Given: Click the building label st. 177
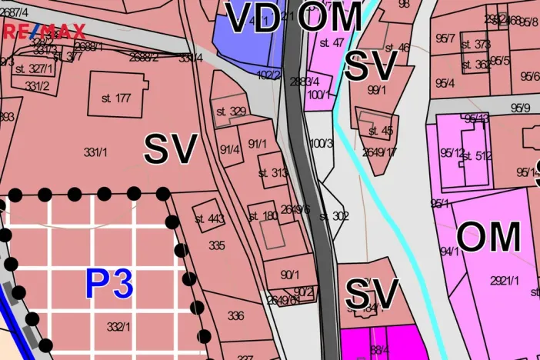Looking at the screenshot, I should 116,98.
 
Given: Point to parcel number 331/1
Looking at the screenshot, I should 95,152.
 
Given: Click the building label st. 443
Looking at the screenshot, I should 209,218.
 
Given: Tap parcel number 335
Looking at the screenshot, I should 217,245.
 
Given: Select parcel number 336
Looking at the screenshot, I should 235,315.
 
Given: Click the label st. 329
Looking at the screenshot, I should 231,112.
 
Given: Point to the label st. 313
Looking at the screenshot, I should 273,173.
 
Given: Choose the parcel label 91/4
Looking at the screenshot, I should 229,150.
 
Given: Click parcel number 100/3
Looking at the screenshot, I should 322,143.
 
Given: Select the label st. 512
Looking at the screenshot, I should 477,156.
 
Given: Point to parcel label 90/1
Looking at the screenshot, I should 289,275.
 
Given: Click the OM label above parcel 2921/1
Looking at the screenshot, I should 488,238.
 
